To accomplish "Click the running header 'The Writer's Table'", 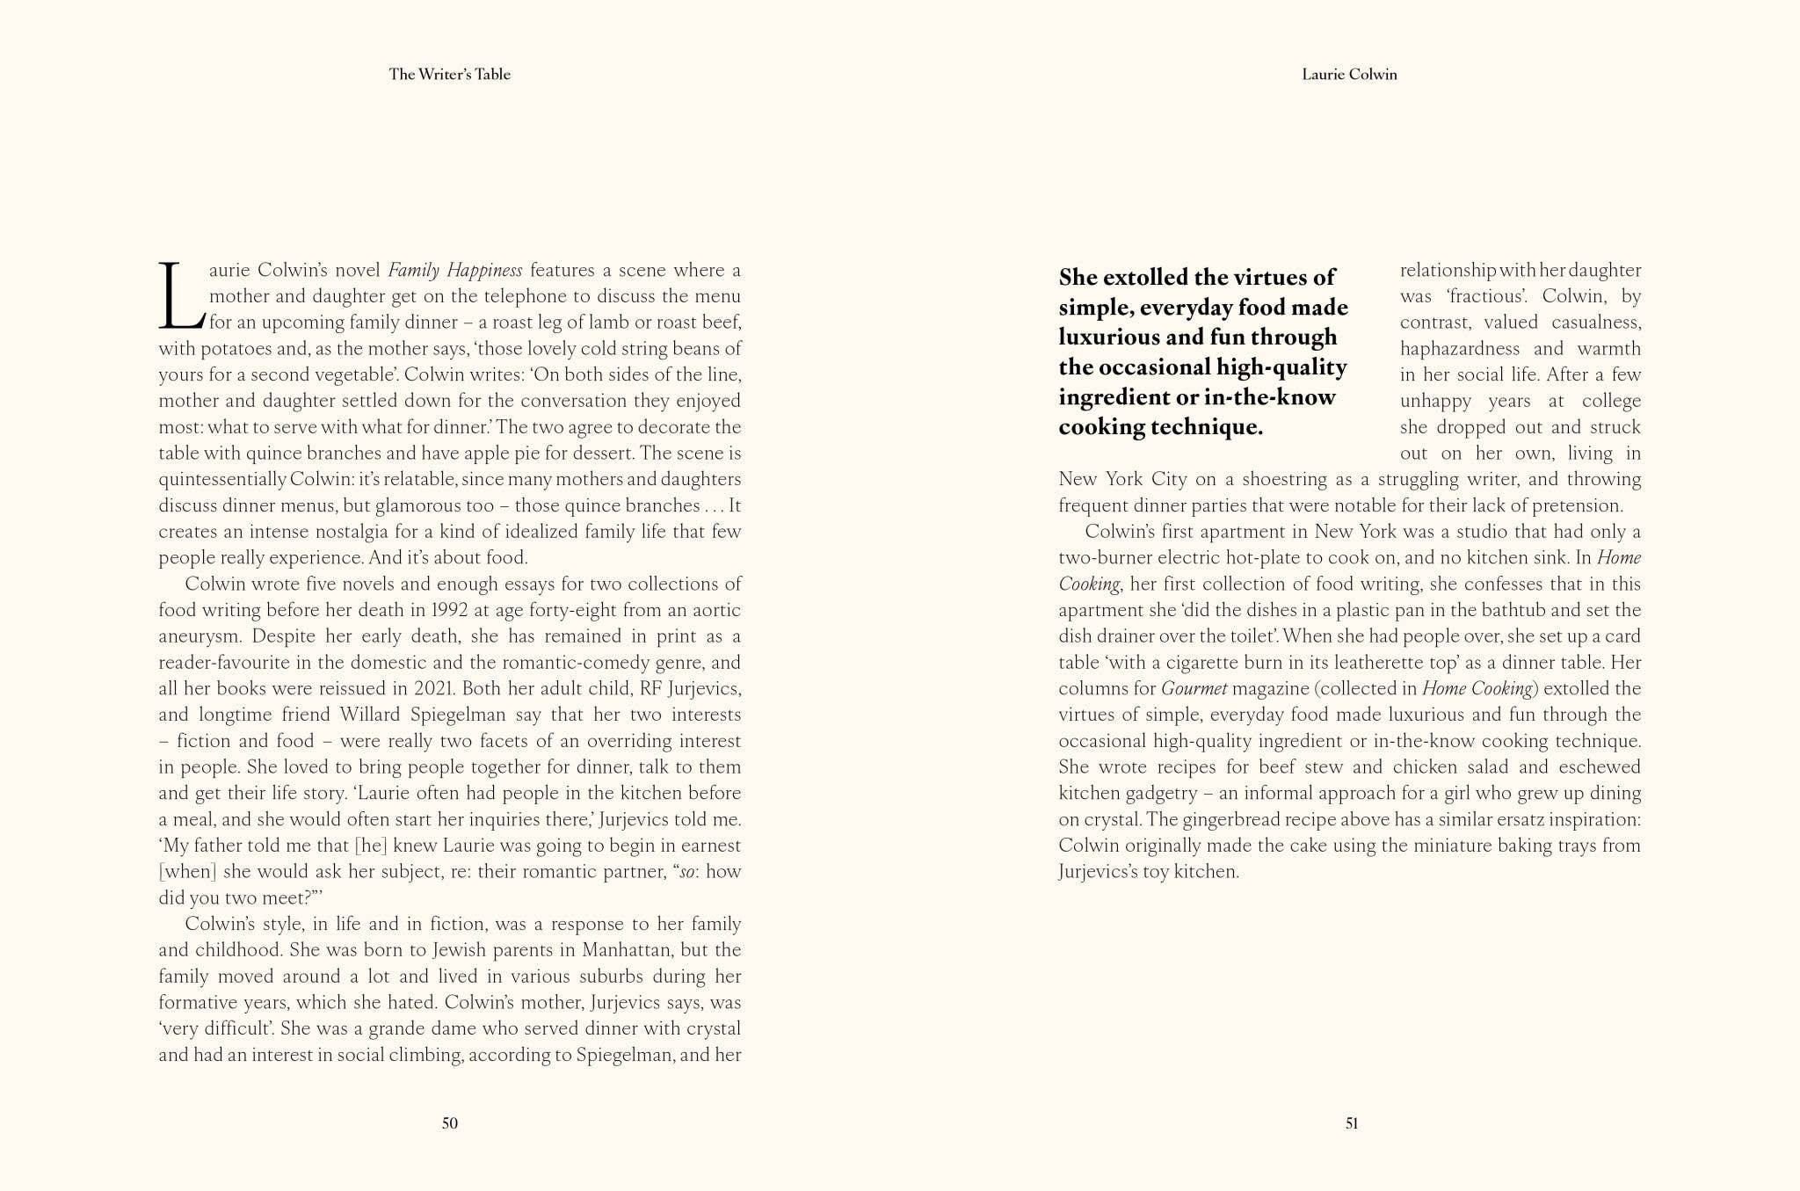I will pos(449,75).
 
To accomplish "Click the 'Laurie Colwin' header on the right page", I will pos(1349,75).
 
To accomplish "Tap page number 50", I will pos(449,1122).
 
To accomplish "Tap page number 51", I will pos(1352,1122).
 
